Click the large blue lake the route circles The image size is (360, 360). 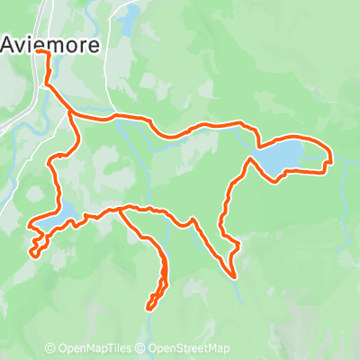[286, 156]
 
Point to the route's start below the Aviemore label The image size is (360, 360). [40, 54]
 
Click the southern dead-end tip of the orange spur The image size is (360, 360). [148, 308]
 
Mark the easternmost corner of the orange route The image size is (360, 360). [331, 162]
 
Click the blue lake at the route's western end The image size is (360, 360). [54, 216]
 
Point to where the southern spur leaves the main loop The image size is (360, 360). [120, 211]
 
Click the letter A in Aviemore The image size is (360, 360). [11, 43]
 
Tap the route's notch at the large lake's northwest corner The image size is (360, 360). [259, 144]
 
